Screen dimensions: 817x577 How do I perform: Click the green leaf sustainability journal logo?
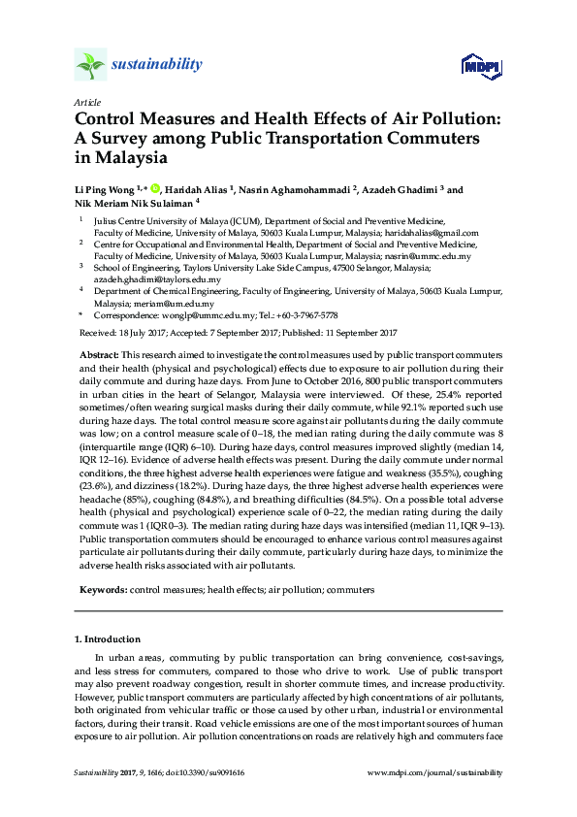[90, 65]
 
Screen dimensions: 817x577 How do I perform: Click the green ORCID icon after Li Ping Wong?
[153, 190]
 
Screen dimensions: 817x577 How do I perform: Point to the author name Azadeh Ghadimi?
[406, 190]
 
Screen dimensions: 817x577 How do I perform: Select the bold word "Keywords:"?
[102, 589]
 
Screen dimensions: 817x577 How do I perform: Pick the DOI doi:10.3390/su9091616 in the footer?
[204, 772]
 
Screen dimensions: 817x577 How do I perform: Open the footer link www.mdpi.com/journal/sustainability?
[436, 772]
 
